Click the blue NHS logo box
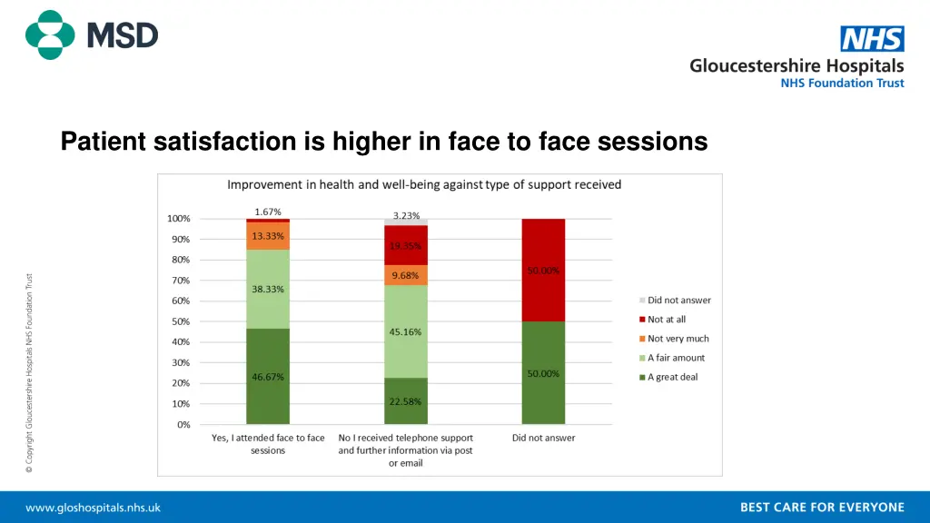(x=872, y=39)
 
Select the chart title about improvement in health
(x=424, y=184)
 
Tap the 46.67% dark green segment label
(x=268, y=377)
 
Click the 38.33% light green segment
(x=268, y=289)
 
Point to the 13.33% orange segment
(x=268, y=236)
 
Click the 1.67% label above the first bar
(x=268, y=212)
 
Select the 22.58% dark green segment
(x=405, y=401)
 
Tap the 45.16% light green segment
(x=405, y=331)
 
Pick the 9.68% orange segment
(x=405, y=275)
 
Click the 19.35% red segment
(x=405, y=245)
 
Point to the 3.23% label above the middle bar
(x=406, y=215)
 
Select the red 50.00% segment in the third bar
(x=543, y=270)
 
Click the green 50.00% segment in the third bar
(x=543, y=373)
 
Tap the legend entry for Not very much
(x=678, y=339)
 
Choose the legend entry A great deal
(x=672, y=377)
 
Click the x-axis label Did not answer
(x=544, y=438)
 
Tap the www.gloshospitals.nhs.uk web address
(x=93, y=508)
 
